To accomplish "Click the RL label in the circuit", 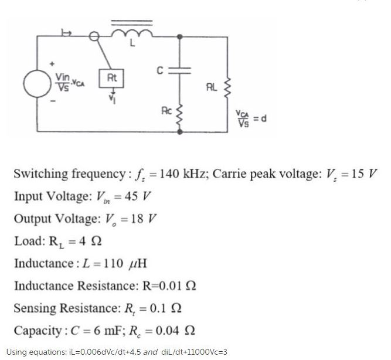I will point(212,88).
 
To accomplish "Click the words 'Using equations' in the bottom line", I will point(32,352).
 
